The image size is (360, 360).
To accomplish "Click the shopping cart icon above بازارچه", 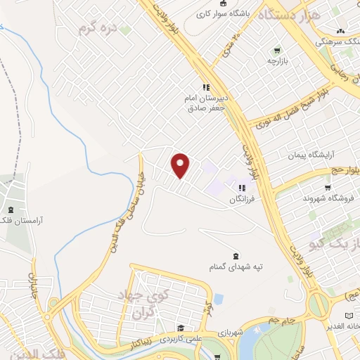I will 277,50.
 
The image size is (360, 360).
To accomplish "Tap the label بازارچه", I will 277,62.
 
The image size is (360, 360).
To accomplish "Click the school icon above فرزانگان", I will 242,188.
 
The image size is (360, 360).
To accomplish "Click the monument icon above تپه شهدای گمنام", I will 235,256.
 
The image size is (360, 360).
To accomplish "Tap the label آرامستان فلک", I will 41,220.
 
